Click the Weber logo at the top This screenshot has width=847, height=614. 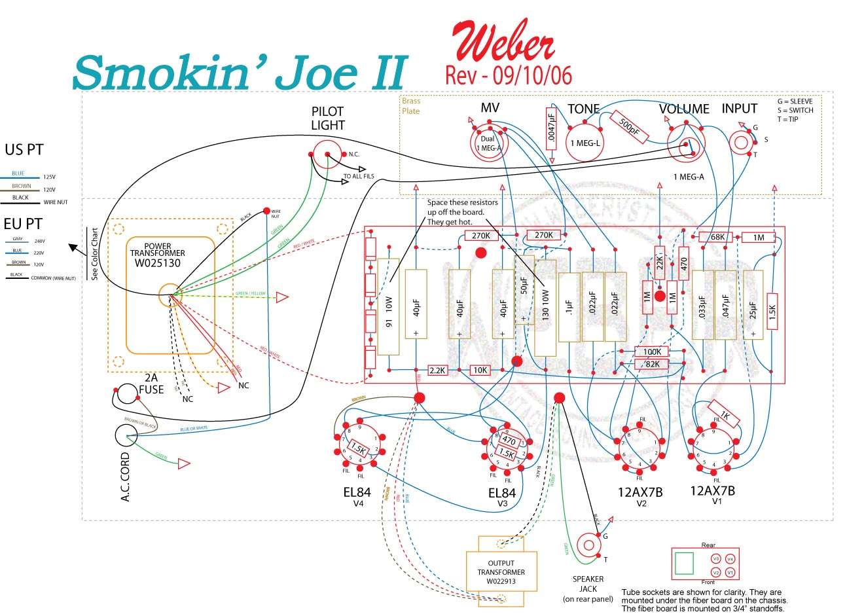[x=503, y=41]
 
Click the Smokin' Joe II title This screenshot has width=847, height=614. [x=240, y=71]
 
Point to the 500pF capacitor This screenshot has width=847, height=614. [x=629, y=127]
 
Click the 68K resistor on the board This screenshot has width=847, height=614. [x=715, y=237]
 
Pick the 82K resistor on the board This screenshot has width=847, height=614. [x=651, y=364]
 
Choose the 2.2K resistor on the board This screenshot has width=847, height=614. [x=437, y=370]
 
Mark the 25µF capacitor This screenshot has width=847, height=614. [x=753, y=304]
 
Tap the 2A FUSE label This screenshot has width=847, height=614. [x=151, y=384]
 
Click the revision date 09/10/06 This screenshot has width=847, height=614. [x=509, y=75]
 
